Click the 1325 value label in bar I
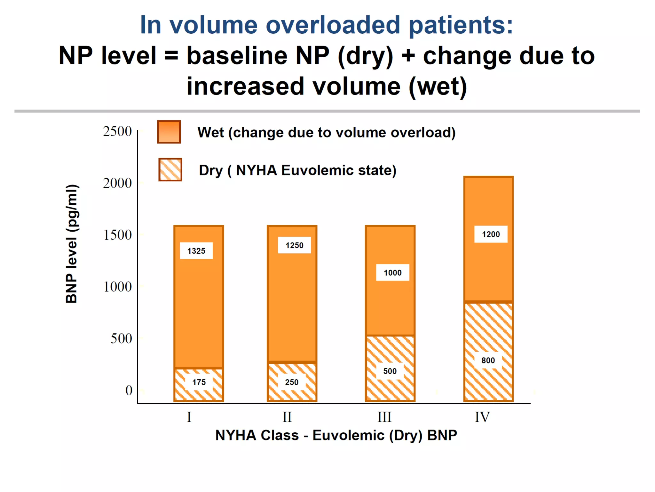tap(196, 251)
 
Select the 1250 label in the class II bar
tap(294, 245)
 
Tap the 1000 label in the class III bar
tap(392, 273)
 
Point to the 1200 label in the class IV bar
tap(491, 234)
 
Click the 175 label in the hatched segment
tap(199, 382)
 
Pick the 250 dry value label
tap(291, 382)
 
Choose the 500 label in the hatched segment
tap(390, 371)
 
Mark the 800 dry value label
tap(488, 360)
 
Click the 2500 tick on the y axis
tap(117, 131)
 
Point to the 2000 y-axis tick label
tap(117, 183)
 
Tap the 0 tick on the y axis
tap(129, 390)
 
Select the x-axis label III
tap(384, 417)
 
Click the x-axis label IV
tap(482, 417)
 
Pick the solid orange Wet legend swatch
tap(169, 132)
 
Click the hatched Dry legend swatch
tap(170, 170)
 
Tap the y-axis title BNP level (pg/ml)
tap(72, 243)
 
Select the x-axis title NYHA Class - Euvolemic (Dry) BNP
tap(336, 435)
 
